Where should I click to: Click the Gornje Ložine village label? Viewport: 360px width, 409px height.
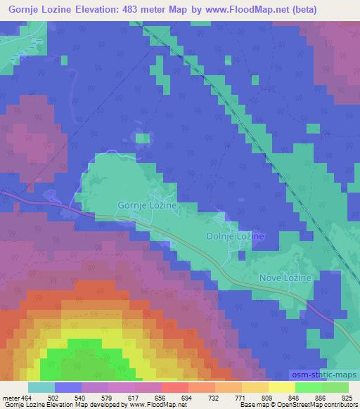146,204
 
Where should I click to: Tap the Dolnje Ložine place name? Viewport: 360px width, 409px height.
235,237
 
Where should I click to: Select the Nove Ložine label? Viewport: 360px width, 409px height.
285,279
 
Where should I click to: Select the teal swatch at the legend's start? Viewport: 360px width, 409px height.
41,388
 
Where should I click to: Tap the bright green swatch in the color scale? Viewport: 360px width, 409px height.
308,388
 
